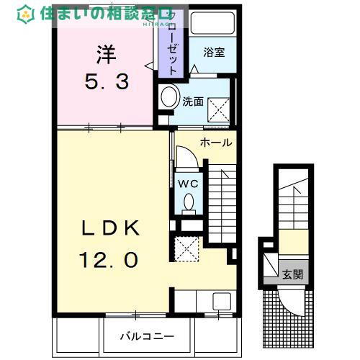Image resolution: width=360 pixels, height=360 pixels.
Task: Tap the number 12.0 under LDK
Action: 110,258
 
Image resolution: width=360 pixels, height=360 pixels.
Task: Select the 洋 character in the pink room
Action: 107,54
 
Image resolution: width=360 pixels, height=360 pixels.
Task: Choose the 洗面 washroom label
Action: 192,102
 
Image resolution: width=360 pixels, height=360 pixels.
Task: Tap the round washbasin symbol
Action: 170,97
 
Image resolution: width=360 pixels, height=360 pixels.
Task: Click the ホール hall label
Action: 216,143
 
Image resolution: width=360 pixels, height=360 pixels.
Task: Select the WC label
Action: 188,183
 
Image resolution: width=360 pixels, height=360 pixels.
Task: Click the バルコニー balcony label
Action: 146,336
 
